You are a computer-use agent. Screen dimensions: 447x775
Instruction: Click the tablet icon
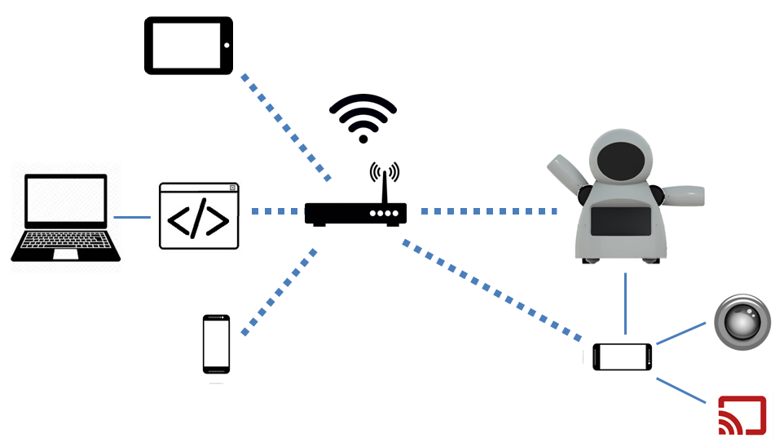click(x=189, y=46)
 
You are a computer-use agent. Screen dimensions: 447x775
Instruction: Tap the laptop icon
click(x=65, y=216)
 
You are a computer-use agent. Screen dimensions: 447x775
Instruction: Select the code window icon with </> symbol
click(x=199, y=216)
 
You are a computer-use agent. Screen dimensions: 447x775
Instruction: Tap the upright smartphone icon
click(x=216, y=343)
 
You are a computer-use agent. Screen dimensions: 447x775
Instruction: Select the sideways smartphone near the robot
click(x=623, y=356)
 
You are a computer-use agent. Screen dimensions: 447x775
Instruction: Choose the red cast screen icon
click(x=742, y=415)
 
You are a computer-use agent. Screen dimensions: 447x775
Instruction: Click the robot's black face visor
click(x=623, y=161)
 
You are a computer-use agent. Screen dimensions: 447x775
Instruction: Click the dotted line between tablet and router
click(x=285, y=126)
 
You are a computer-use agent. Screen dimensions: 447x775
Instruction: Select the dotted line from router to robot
click(x=489, y=211)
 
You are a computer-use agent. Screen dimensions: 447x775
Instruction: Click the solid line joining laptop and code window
click(x=132, y=217)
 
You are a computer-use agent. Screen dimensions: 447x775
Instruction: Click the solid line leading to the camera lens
click(x=681, y=333)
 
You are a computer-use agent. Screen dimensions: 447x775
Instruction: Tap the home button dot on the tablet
click(x=227, y=46)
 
